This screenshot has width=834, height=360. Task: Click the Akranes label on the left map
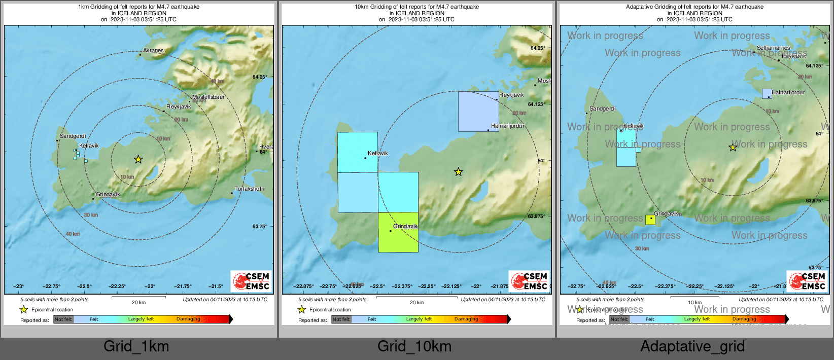point(153,50)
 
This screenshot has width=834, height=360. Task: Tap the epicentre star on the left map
point(138,159)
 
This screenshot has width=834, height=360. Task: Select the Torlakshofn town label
point(249,189)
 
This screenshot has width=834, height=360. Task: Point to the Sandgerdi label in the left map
point(73,136)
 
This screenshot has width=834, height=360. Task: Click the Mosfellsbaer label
point(208,97)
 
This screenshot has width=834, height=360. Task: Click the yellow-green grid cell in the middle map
point(398,232)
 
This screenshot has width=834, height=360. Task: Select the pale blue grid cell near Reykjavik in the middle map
point(478,112)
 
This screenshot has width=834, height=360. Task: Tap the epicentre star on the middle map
point(458,172)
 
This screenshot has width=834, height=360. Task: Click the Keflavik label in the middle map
point(378,153)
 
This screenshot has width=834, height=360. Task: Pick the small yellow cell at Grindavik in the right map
point(650,220)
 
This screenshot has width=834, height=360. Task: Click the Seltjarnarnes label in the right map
point(773,48)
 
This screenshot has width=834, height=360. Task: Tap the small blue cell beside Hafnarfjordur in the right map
point(767,94)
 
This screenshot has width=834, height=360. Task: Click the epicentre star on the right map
point(733,148)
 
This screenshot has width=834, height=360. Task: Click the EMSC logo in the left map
point(251,281)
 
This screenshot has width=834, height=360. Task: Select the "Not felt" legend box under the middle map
point(341,319)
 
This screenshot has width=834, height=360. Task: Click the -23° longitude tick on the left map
point(18,286)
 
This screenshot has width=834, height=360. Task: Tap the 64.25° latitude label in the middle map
point(537,48)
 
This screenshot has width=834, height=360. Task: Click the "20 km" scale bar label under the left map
point(138,303)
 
